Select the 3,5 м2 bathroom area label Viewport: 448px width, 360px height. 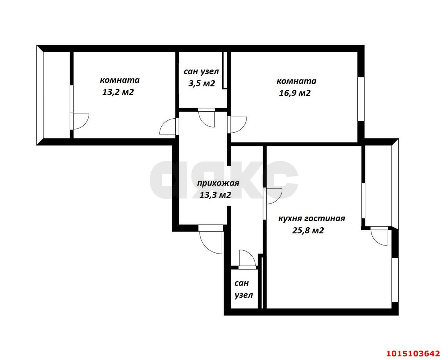201,84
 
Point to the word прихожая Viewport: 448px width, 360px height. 218,183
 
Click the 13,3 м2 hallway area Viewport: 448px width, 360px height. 215,195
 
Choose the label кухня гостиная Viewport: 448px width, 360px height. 311,219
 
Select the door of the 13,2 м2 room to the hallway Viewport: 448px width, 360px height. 169,126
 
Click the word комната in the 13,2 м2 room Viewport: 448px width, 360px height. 120,80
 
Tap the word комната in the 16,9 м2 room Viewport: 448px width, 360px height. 296,81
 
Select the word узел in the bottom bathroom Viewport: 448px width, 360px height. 244,295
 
